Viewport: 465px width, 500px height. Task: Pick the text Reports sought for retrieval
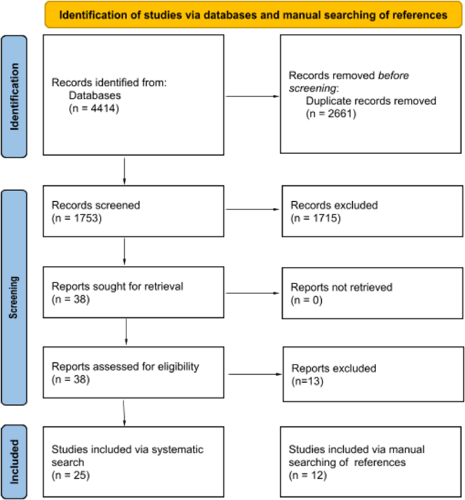click(x=113, y=287)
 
